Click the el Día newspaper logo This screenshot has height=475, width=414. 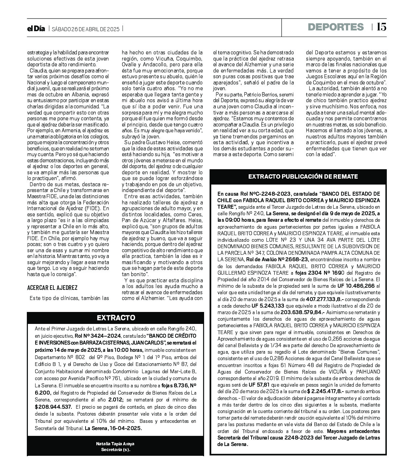click(x=36, y=28)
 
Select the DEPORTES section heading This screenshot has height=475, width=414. click(x=336, y=27)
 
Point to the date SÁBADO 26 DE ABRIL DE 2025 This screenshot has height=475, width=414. click(x=86, y=29)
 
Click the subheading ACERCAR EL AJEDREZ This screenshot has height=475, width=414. click(x=52, y=288)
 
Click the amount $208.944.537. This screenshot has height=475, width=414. click(x=53, y=407)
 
